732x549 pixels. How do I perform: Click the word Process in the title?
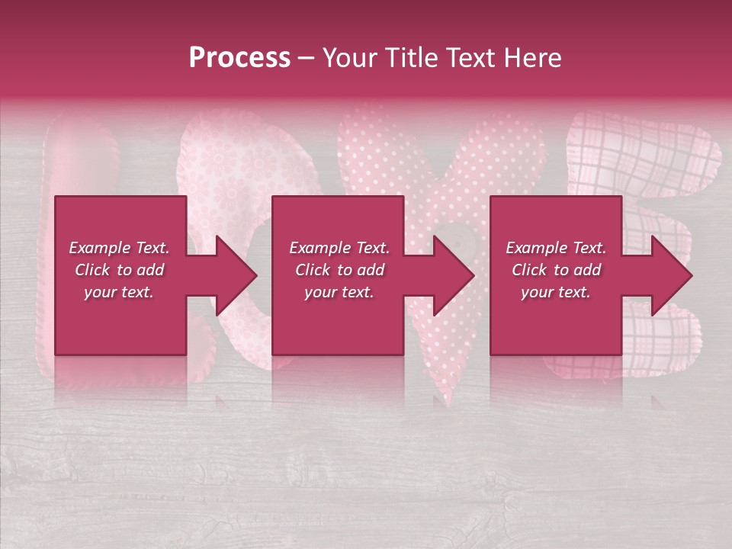click(239, 58)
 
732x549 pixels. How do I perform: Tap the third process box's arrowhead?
click(670, 275)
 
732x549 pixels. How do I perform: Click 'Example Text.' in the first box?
click(119, 248)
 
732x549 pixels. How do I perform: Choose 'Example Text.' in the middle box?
click(339, 248)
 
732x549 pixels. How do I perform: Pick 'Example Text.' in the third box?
click(556, 248)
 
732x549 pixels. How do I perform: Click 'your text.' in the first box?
click(119, 292)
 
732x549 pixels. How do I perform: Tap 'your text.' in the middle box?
click(339, 292)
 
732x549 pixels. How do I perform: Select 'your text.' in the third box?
click(556, 292)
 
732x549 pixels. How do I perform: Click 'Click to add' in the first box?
click(119, 270)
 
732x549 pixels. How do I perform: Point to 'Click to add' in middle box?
click(339, 270)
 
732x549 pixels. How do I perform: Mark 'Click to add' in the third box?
click(556, 270)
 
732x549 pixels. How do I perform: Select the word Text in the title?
click(474, 58)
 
